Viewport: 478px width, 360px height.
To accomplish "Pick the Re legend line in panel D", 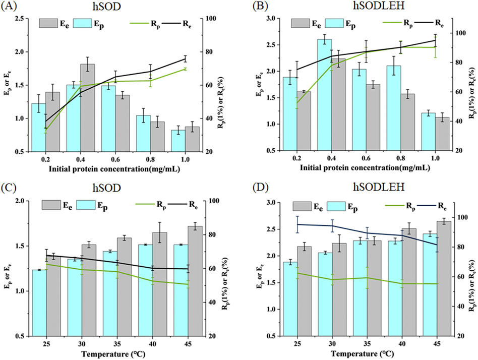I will pos(420,206).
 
